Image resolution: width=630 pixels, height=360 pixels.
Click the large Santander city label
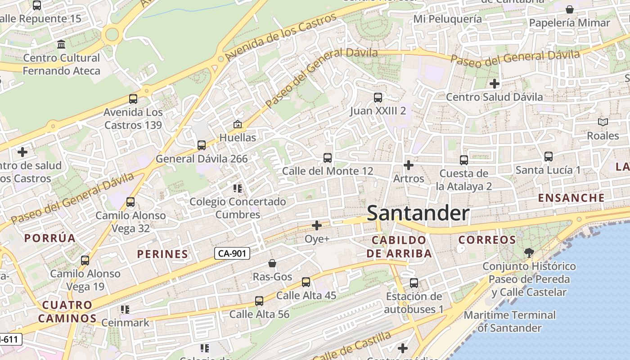point(418,213)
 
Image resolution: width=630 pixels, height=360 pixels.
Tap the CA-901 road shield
point(232,253)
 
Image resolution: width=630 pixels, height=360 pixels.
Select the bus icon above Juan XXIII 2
point(378,98)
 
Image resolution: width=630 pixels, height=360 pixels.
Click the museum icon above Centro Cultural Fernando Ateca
point(61,44)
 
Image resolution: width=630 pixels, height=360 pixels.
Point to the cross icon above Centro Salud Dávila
point(495,84)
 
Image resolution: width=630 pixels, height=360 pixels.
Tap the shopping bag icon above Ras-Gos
point(272,263)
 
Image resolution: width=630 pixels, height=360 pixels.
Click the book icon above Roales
point(603,122)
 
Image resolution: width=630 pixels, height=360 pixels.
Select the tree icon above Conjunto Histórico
point(529,253)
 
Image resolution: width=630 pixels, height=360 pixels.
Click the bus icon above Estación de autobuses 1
point(414,283)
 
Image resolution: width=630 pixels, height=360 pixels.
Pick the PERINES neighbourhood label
point(162,254)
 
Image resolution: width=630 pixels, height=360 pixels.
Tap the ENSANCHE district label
point(571,198)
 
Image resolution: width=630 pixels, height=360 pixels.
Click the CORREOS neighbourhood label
point(487,240)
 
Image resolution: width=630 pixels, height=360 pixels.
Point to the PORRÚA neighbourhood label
point(50,238)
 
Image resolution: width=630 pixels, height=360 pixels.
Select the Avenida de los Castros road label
point(281,37)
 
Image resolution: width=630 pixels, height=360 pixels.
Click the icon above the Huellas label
point(238,124)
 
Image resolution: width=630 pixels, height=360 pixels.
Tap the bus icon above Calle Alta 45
point(306,282)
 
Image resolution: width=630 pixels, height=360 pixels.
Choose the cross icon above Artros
point(409,166)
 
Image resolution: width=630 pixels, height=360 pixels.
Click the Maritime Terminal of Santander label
point(509,321)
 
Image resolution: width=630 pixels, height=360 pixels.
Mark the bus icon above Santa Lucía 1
point(548,157)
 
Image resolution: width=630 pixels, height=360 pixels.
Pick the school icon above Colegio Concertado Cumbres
point(238,189)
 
